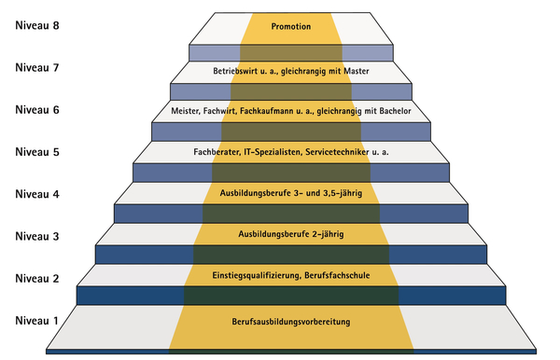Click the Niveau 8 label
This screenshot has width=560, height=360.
[37, 25]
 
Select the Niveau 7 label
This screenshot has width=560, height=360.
[37, 68]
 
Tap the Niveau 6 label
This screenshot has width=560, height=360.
[37, 110]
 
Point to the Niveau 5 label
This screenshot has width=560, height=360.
[37, 153]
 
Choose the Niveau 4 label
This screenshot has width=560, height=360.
[37, 195]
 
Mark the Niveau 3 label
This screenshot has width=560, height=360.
[37, 237]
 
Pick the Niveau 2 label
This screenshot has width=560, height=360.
[37, 279]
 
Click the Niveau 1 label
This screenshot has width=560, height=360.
[37, 321]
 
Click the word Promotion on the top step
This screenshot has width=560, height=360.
[290, 26]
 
